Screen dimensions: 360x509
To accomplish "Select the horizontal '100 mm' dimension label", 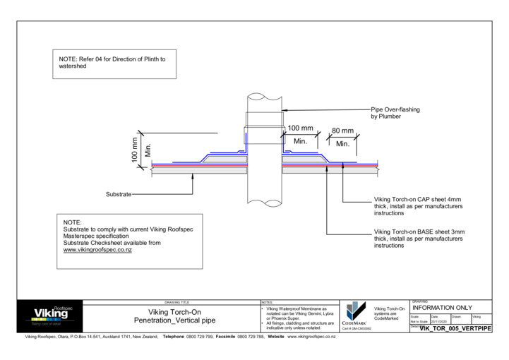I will click(300, 128).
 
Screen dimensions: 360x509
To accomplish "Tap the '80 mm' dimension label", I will click(343, 131).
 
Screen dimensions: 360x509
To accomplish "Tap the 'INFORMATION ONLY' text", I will click(441, 308).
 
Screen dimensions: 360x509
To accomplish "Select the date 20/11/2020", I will click(439, 322).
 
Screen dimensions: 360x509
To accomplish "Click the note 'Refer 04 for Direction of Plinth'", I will click(112, 59).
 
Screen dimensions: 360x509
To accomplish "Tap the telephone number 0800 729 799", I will click(200, 337).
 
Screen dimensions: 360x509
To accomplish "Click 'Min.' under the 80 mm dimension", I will click(343, 144).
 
